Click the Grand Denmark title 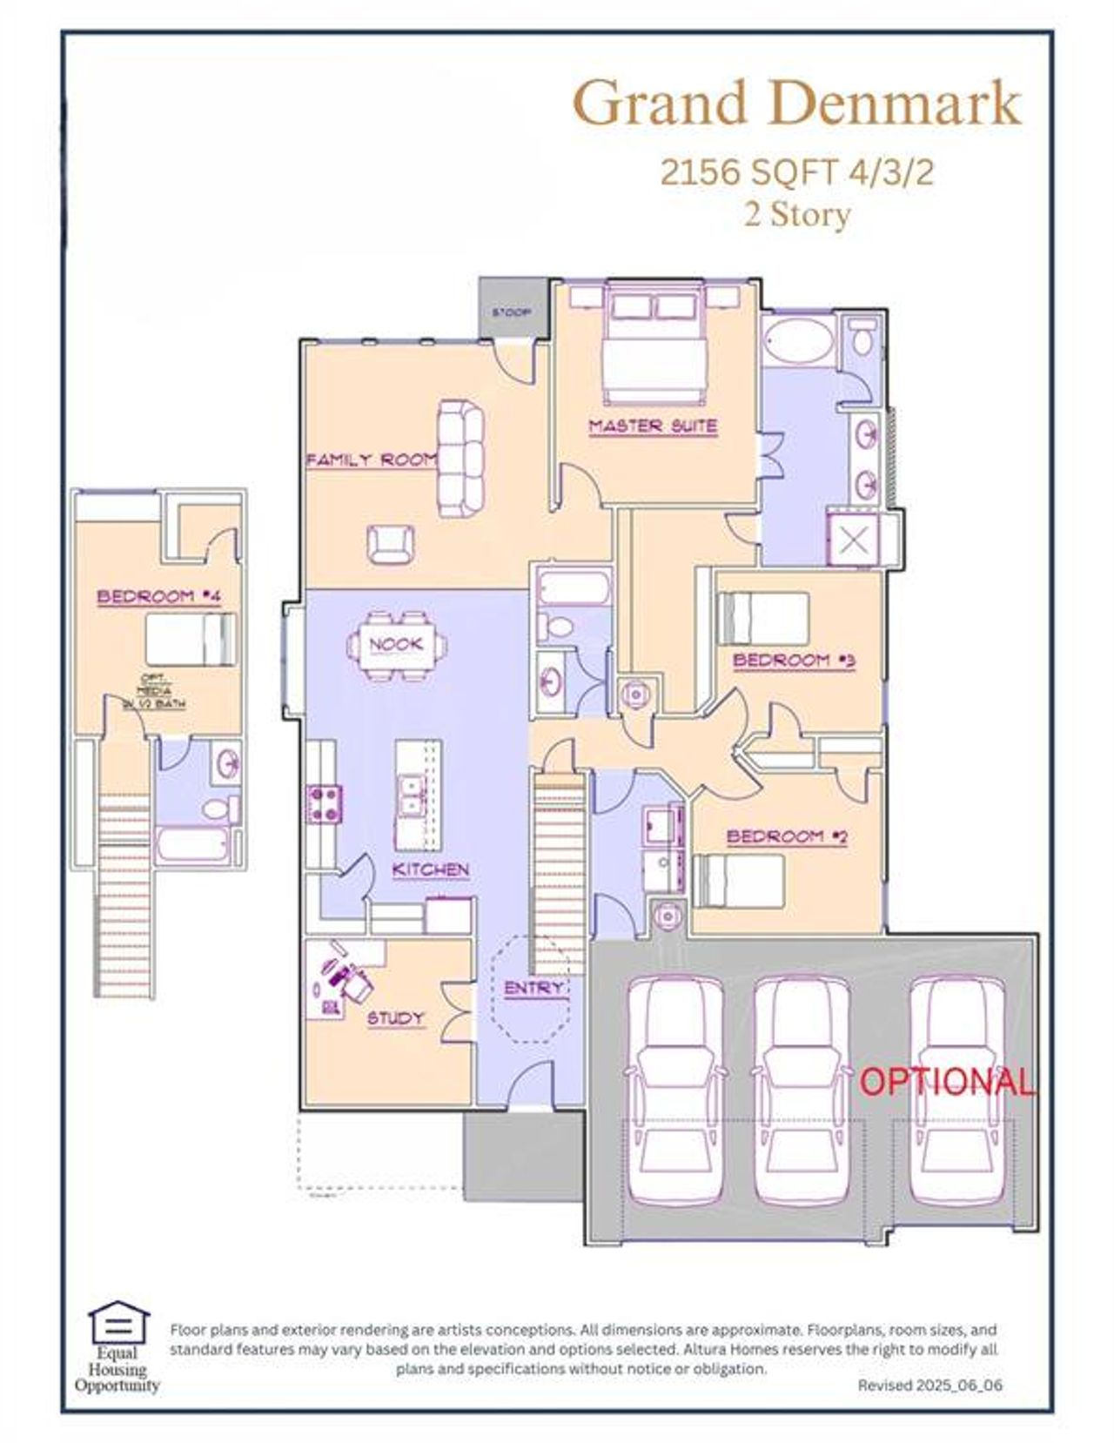click(796, 103)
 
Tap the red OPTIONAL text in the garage click(947, 1082)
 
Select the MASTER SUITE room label click(653, 426)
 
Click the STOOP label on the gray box click(511, 312)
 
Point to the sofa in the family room click(460, 458)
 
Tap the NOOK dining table click(397, 645)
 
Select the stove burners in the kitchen click(324, 803)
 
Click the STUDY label click(395, 1018)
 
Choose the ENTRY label click(534, 989)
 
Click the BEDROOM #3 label click(794, 661)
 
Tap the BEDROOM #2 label click(787, 837)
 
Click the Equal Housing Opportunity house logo click(118, 1324)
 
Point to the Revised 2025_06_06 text click(929, 1385)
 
